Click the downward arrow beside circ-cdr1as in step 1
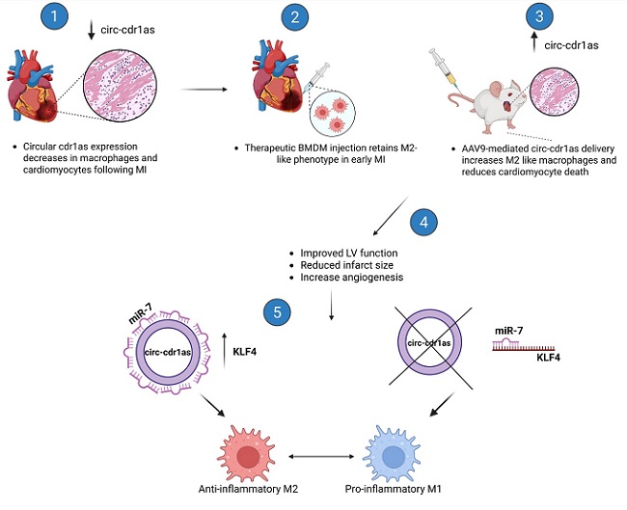tap(92, 30)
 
